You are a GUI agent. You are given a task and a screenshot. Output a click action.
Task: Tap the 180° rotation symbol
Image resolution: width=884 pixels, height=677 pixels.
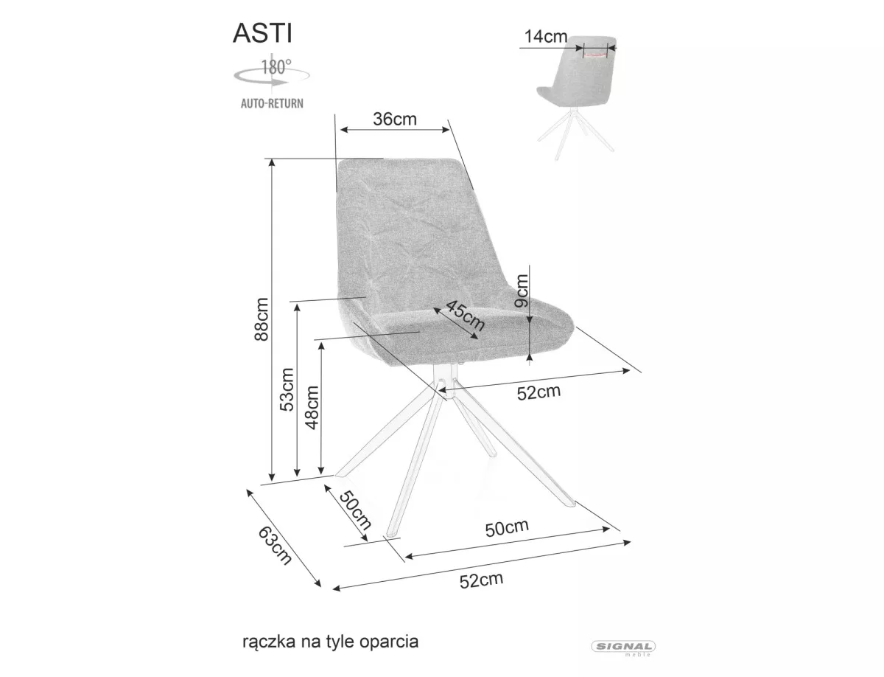pyautogui.click(x=270, y=72)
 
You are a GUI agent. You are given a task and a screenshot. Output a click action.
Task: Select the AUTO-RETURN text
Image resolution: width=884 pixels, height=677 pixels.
pyautogui.click(x=271, y=104)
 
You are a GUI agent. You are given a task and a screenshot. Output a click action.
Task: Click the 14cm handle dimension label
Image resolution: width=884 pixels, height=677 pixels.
pyautogui.click(x=546, y=37)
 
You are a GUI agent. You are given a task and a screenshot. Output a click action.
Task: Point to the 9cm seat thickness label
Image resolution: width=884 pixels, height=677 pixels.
pyautogui.click(x=522, y=291)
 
